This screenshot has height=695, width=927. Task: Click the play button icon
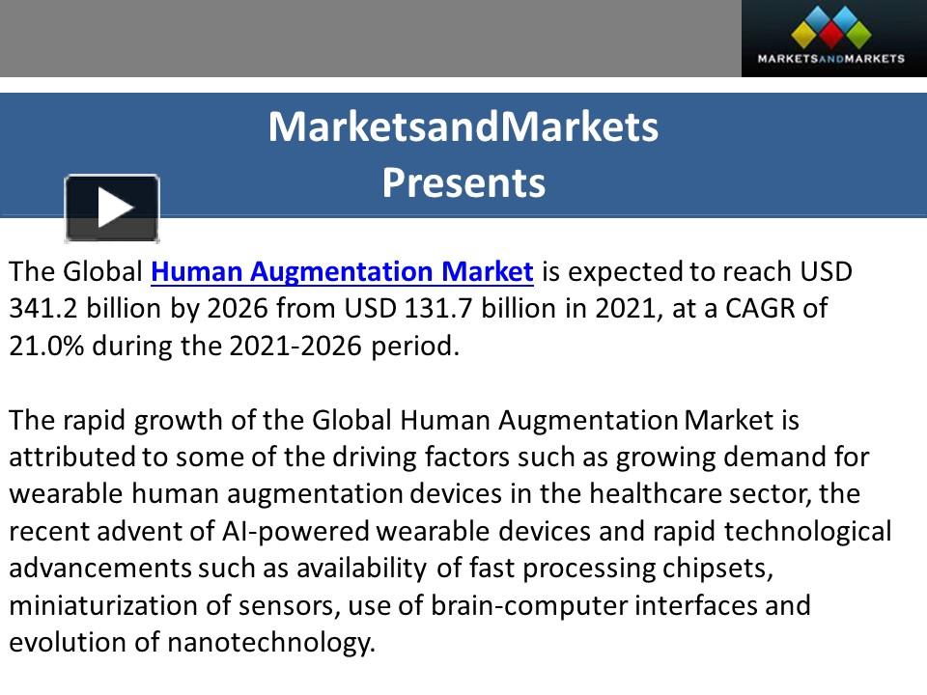(112, 208)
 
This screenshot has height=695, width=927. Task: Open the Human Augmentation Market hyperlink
(343, 271)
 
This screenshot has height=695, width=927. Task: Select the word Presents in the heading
(463, 182)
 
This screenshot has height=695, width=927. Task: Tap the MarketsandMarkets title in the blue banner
(463, 126)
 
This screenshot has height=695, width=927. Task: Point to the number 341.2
(39, 308)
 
